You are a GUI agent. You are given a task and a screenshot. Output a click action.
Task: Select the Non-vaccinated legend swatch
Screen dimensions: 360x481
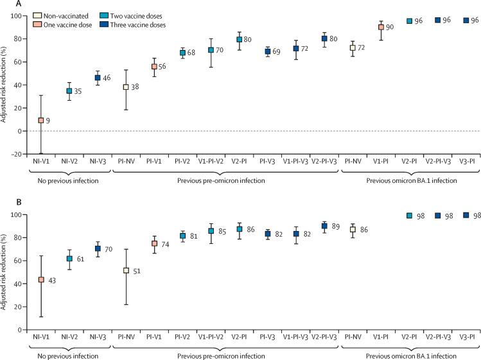coord(38,15)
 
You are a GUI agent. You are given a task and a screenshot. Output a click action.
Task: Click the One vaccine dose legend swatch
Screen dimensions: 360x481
coord(38,24)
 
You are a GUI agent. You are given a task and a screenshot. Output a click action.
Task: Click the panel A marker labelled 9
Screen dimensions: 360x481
coord(41,120)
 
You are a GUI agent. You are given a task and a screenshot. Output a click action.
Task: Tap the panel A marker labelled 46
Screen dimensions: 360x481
coord(98,78)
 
